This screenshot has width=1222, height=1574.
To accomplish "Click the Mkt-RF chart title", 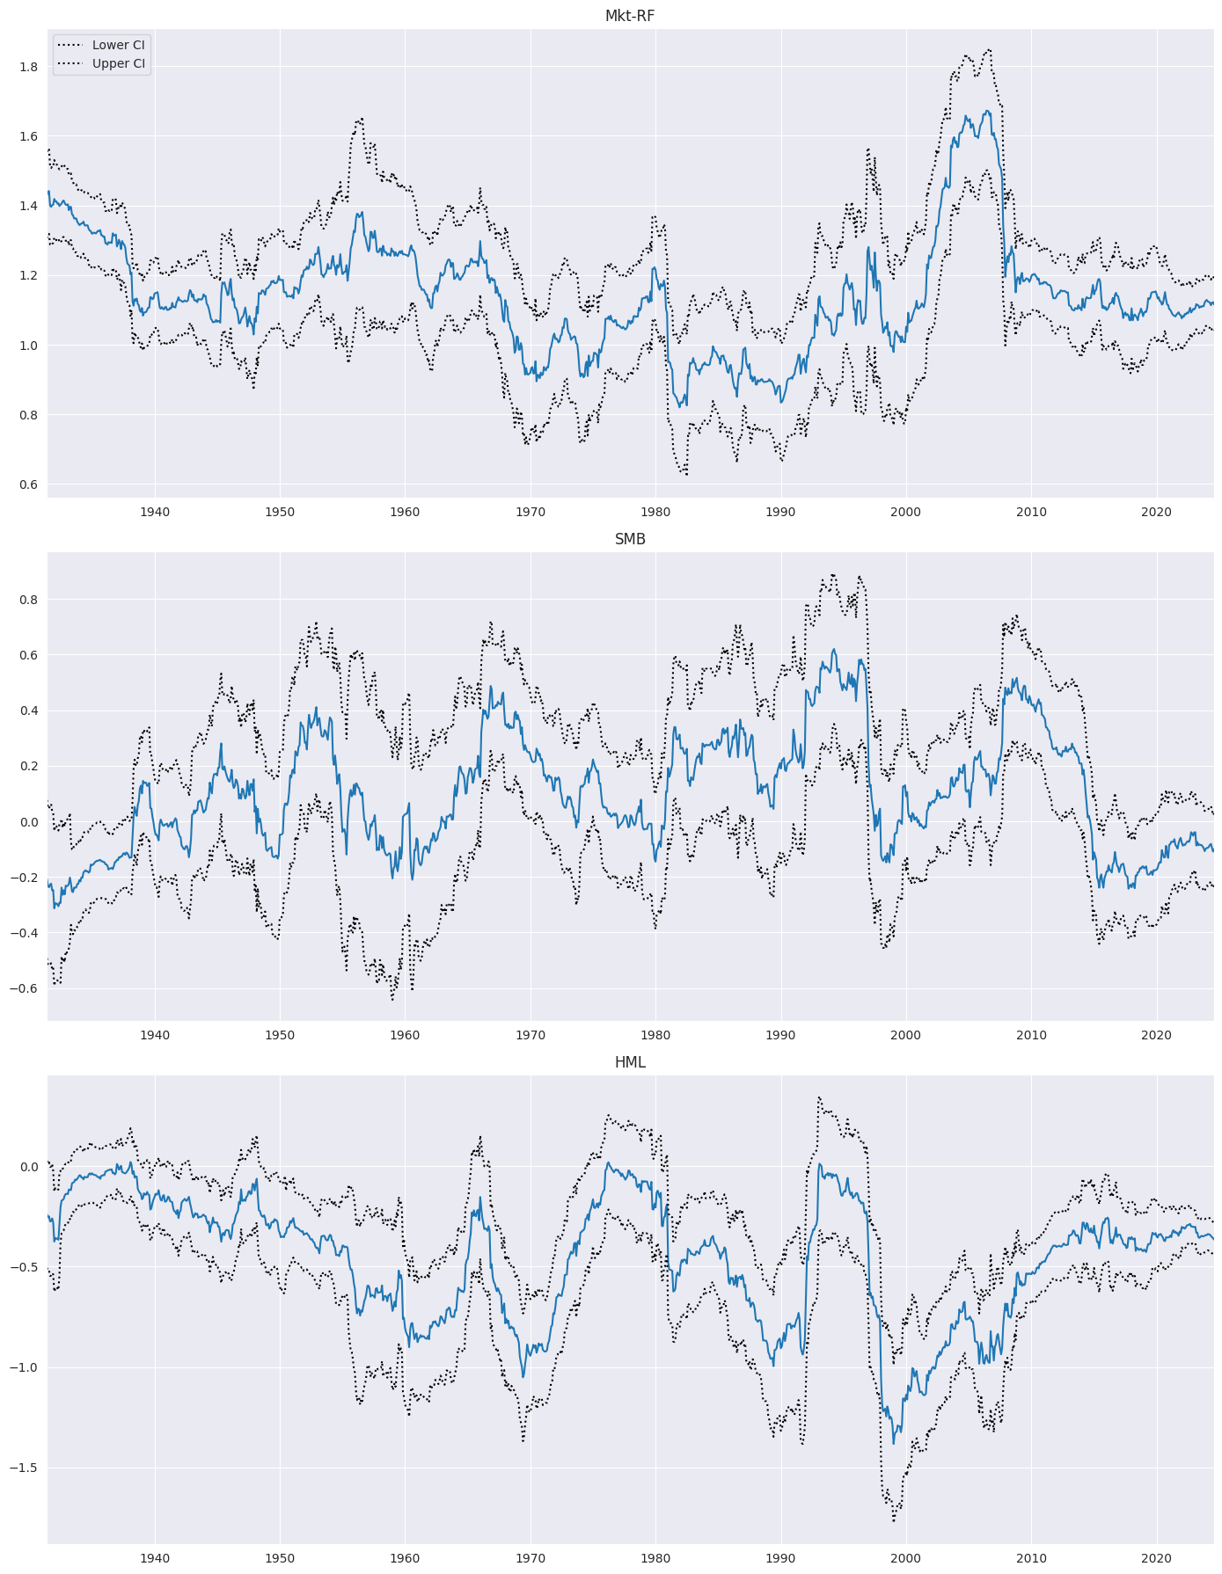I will point(630,16).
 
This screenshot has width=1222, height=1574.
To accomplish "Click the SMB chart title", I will point(630,539).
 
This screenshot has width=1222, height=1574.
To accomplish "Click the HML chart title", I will point(630,1062).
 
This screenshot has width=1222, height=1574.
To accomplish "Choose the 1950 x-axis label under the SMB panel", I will point(280,1035).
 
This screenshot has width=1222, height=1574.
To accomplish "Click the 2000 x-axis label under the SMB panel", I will point(905,1035).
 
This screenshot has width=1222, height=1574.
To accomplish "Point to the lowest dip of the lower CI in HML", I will point(893,1520).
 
